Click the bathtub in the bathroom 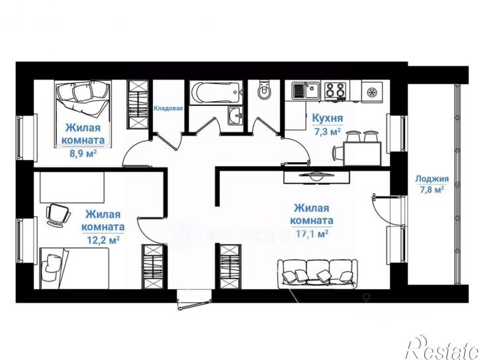pos(216,92)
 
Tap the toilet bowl pos(264,89)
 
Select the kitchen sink pos(305,91)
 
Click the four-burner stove pos(335,91)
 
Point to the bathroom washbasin pos(235,116)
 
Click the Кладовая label pos(168,109)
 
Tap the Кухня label pos(327,118)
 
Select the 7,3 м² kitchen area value pos(328,132)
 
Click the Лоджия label pos(432,179)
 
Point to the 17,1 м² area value pos(312,234)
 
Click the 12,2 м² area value pos(103,240)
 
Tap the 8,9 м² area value pos(83,153)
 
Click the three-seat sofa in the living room pos(317,274)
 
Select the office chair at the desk pos(58,215)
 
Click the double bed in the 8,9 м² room pos(83,114)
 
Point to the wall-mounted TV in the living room pos(316,177)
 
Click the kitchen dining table pos(362,154)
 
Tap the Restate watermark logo pos(442,348)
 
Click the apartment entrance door pos(194,300)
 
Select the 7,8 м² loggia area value pos(432,190)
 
